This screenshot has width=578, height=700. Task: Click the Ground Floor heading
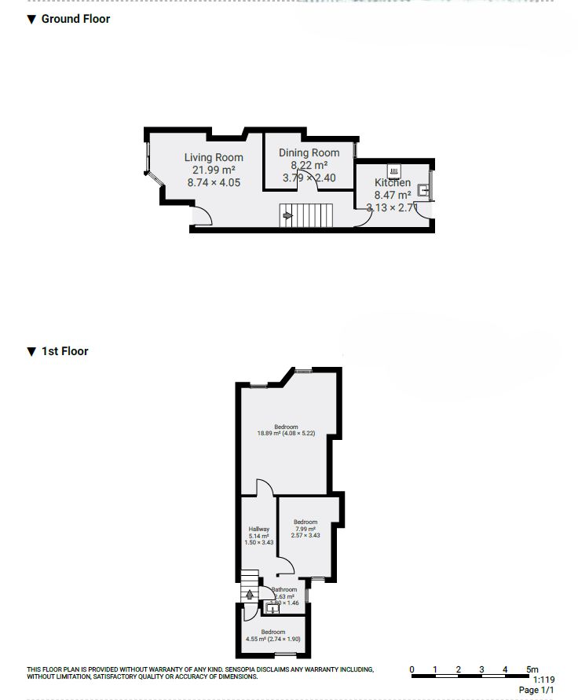pyautogui.click(x=75, y=19)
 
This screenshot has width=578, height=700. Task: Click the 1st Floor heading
pyautogui.click(x=64, y=351)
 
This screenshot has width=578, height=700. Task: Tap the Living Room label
pyautogui.click(x=214, y=158)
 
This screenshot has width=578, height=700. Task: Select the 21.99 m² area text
pyautogui.click(x=214, y=170)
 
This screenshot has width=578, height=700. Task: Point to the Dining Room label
pyautogui.click(x=309, y=153)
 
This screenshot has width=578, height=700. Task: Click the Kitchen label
pyautogui.click(x=393, y=183)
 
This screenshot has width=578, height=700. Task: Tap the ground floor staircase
pyautogui.click(x=307, y=214)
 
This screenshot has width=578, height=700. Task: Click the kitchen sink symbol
pyautogui.click(x=423, y=189)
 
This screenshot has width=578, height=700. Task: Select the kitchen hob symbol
pyautogui.click(x=394, y=170)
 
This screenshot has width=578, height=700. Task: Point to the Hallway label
pyautogui.click(x=259, y=530)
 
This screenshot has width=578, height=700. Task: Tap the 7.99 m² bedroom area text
pyautogui.click(x=305, y=529)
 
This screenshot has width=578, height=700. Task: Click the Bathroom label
pyautogui.click(x=284, y=589)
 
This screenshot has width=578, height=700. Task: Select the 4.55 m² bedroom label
pyautogui.click(x=273, y=636)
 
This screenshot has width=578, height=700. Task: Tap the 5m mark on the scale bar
pyautogui.click(x=532, y=669)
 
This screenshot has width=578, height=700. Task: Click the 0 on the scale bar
pyautogui.click(x=412, y=669)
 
